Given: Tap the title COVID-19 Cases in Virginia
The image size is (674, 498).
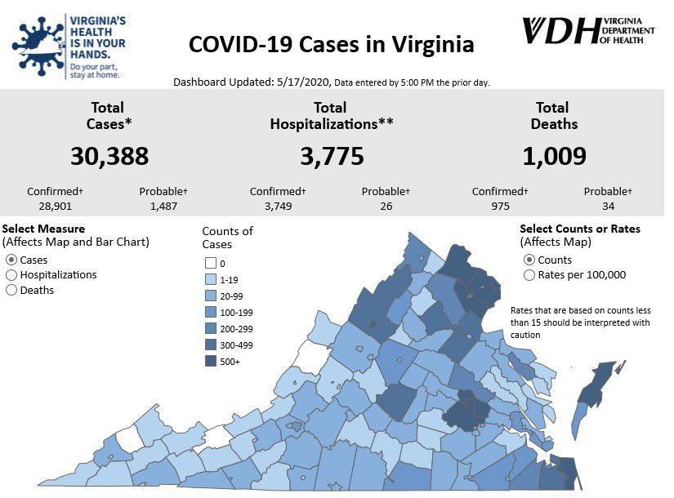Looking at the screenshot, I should (x=331, y=44).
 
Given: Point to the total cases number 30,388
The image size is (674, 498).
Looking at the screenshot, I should (x=109, y=156).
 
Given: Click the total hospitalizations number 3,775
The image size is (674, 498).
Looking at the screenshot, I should (x=332, y=156).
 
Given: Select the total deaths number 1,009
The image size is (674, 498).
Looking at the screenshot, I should (x=555, y=156).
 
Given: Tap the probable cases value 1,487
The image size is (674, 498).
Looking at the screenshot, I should (x=163, y=206).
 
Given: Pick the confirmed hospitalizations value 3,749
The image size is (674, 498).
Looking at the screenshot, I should (x=277, y=206).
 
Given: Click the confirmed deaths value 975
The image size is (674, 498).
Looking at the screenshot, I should (x=499, y=206).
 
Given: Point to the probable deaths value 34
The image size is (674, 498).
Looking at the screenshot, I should (x=608, y=206).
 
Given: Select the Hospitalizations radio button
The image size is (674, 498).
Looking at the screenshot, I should (x=11, y=275).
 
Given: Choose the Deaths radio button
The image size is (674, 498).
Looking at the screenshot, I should (x=11, y=290).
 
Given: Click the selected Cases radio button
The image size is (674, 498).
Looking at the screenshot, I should (x=11, y=260).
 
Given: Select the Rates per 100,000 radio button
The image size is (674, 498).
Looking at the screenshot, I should (x=529, y=275).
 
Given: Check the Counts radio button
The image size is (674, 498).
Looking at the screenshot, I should (x=529, y=260).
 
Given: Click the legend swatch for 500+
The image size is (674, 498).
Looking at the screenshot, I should (x=210, y=362).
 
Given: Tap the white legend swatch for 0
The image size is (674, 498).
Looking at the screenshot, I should (x=210, y=263).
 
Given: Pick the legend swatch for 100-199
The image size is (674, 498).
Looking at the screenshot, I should (x=210, y=312).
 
